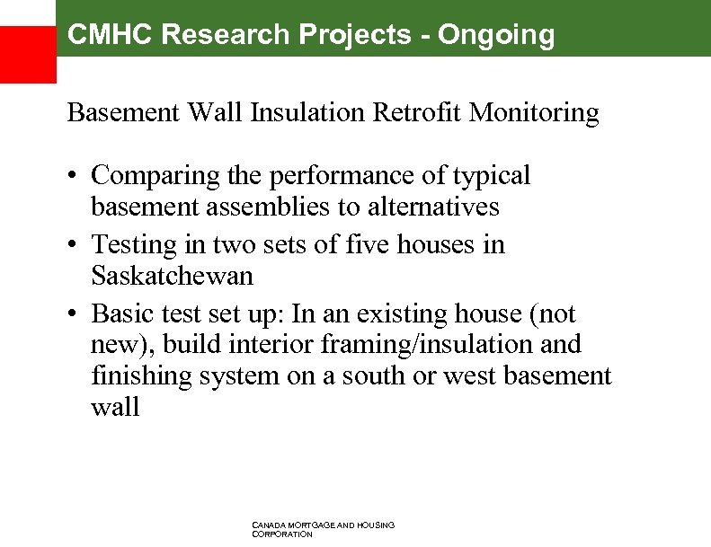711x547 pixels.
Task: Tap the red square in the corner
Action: [x=27, y=55]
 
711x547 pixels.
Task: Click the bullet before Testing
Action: [x=74, y=245]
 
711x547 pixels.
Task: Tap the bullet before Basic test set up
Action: [x=74, y=314]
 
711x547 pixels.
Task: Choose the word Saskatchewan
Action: [x=173, y=276]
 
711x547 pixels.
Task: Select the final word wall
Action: [x=115, y=408]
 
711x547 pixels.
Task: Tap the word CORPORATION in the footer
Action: [x=282, y=534]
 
